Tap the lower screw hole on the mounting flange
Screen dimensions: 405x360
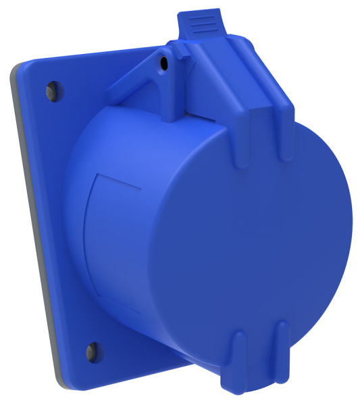coord(92,350)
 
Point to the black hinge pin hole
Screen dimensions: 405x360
coord(163,63)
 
